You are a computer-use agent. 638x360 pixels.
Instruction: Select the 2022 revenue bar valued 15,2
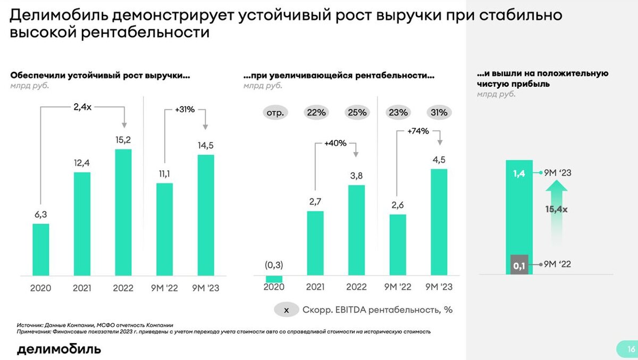(x=123, y=211)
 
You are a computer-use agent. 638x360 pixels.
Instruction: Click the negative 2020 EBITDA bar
(x=274, y=279)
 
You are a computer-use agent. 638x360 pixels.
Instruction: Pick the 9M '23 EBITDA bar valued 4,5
(x=439, y=221)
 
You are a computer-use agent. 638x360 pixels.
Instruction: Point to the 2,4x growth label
(x=82, y=106)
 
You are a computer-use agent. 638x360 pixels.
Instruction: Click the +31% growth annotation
(x=185, y=110)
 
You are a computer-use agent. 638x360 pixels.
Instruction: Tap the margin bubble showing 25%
(x=357, y=112)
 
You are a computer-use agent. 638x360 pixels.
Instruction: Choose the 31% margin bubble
(x=439, y=112)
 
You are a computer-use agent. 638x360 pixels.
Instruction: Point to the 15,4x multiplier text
(x=557, y=210)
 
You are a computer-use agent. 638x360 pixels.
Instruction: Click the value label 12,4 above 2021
(x=82, y=162)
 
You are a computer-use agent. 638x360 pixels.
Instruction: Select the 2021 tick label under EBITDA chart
(x=315, y=287)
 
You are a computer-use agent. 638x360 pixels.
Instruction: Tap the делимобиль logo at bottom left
(x=58, y=349)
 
